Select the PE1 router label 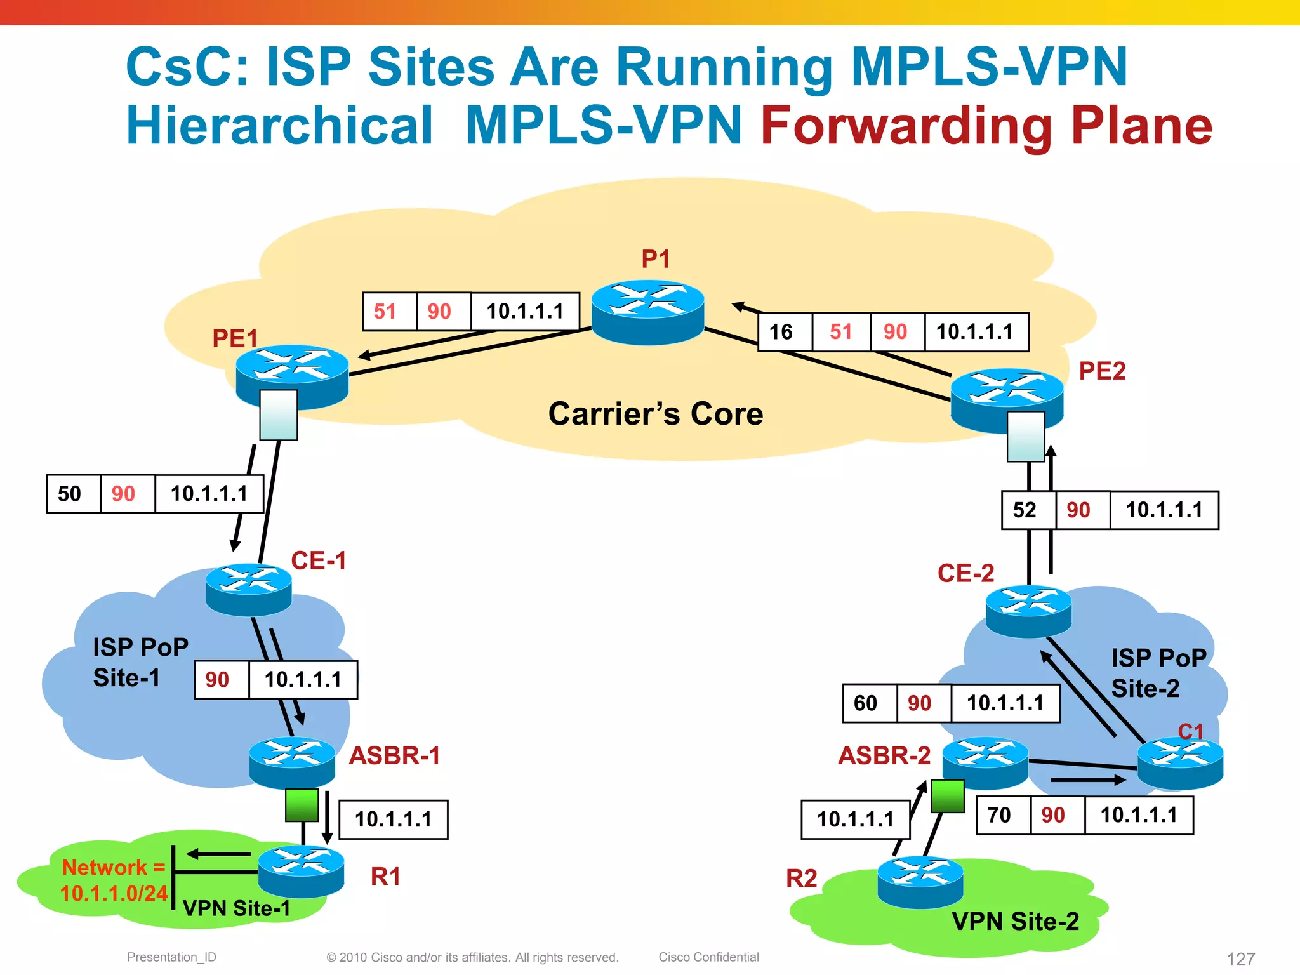(235, 338)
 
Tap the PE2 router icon (1007, 398)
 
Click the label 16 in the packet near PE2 (781, 331)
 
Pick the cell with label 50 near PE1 (70, 494)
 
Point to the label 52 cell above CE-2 (1025, 510)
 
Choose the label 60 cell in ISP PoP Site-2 (865, 703)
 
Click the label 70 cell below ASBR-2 (999, 815)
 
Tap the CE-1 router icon (248, 589)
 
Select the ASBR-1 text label (395, 755)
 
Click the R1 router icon (301, 871)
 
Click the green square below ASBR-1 (302, 805)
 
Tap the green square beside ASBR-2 (948, 796)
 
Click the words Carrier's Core (656, 414)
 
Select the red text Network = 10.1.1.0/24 (114, 880)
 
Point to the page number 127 (1240, 958)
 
